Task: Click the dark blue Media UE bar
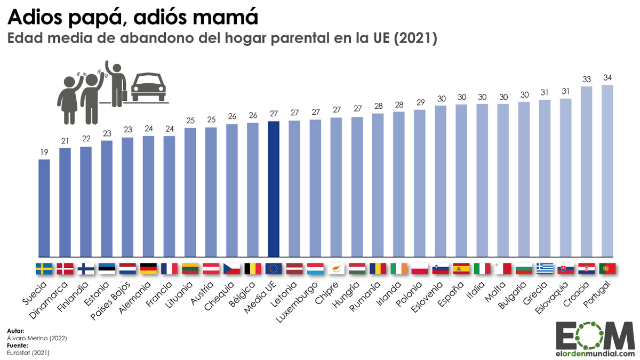(274, 189)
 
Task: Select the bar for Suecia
(44, 208)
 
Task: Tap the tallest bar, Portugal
(607, 171)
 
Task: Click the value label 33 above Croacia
(586, 79)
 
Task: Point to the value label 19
(44, 153)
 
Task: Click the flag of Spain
(461, 268)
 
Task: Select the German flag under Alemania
(148, 268)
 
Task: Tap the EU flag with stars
(274, 268)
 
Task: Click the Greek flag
(545, 268)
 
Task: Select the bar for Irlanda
(398, 184)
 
